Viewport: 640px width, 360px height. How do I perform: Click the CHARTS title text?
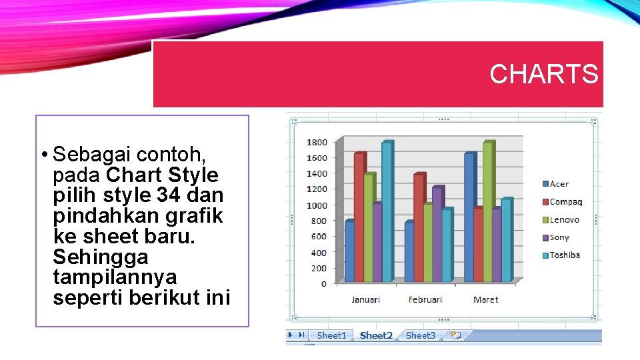coord(544,74)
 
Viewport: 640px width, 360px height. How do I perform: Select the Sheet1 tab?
coord(331,335)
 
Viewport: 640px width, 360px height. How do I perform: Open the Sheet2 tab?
coord(376,335)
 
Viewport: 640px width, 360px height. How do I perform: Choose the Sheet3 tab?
coord(420,335)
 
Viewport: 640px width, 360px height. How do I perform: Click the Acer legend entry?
coord(559,184)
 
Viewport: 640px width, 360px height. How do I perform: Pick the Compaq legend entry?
coord(565,202)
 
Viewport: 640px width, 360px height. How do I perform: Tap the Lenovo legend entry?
coord(564,220)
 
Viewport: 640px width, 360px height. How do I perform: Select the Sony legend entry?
coord(559,237)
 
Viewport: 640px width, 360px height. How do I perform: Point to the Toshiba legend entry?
coord(564,255)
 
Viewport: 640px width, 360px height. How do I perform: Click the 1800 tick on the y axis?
coord(317,142)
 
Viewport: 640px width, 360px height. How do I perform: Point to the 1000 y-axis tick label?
coord(317,205)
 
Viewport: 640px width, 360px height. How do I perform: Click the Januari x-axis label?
coord(365,299)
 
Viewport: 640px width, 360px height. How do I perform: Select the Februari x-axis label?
coord(425,299)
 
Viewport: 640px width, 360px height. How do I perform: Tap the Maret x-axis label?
coord(485,299)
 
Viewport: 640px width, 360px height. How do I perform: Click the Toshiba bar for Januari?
coord(386,213)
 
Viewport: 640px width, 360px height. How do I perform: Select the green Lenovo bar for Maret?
coord(487,213)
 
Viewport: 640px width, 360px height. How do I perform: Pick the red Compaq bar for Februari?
coord(418,227)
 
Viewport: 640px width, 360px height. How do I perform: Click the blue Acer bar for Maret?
coord(469,220)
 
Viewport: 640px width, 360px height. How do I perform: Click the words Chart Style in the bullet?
coord(162,175)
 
